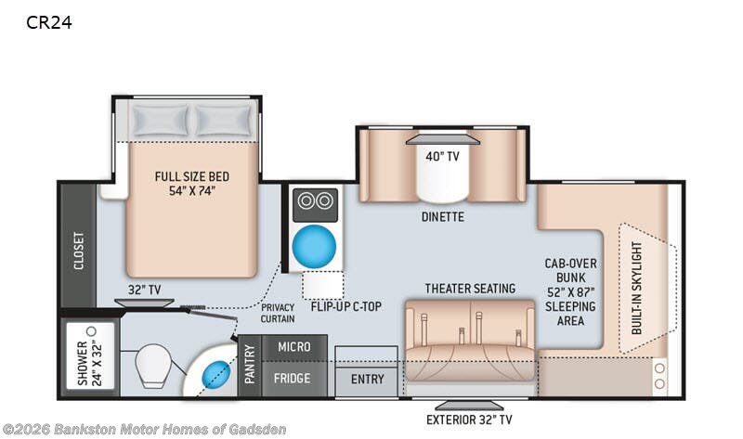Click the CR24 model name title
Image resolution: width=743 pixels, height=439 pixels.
pyautogui.click(x=49, y=22)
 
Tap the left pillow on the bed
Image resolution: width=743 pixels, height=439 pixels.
pyautogui.click(x=160, y=121)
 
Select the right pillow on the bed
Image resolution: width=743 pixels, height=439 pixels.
pyautogui.click(x=224, y=121)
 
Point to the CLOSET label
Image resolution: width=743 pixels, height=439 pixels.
pyautogui.click(x=79, y=251)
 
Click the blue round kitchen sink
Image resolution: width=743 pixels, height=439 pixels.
pyautogui.click(x=314, y=246)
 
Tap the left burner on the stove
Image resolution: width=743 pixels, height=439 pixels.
pyautogui.click(x=306, y=200)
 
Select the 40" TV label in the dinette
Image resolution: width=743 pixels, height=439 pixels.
pyautogui.click(x=443, y=156)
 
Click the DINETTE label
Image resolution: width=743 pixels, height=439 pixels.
pyautogui.click(x=443, y=217)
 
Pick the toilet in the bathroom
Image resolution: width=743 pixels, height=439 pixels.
pyautogui.click(x=152, y=366)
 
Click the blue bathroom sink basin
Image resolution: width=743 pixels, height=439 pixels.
pyautogui.click(x=216, y=375)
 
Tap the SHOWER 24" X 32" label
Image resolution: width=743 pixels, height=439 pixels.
pyautogui.click(x=89, y=362)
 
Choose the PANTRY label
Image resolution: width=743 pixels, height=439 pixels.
pyautogui.click(x=250, y=364)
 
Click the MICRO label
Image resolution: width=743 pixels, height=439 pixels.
pyautogui.click(x=294, y=347)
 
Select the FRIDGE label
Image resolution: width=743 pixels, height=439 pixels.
pyautogui.click(x=292, y=379)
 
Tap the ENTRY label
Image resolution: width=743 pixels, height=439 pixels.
pyautogui.click(x=367, y=380)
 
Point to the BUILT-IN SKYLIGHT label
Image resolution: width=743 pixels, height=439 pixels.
pyautogui.click(x=637, y=288)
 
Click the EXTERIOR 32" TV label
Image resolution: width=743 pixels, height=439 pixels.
pyautogui.click(x=469, y=420)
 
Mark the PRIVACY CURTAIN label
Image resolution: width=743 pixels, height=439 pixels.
pyautogui.click(x=278, y=313)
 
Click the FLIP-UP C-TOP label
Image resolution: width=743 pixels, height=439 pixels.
pyautogui.click(x=345, y=307)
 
